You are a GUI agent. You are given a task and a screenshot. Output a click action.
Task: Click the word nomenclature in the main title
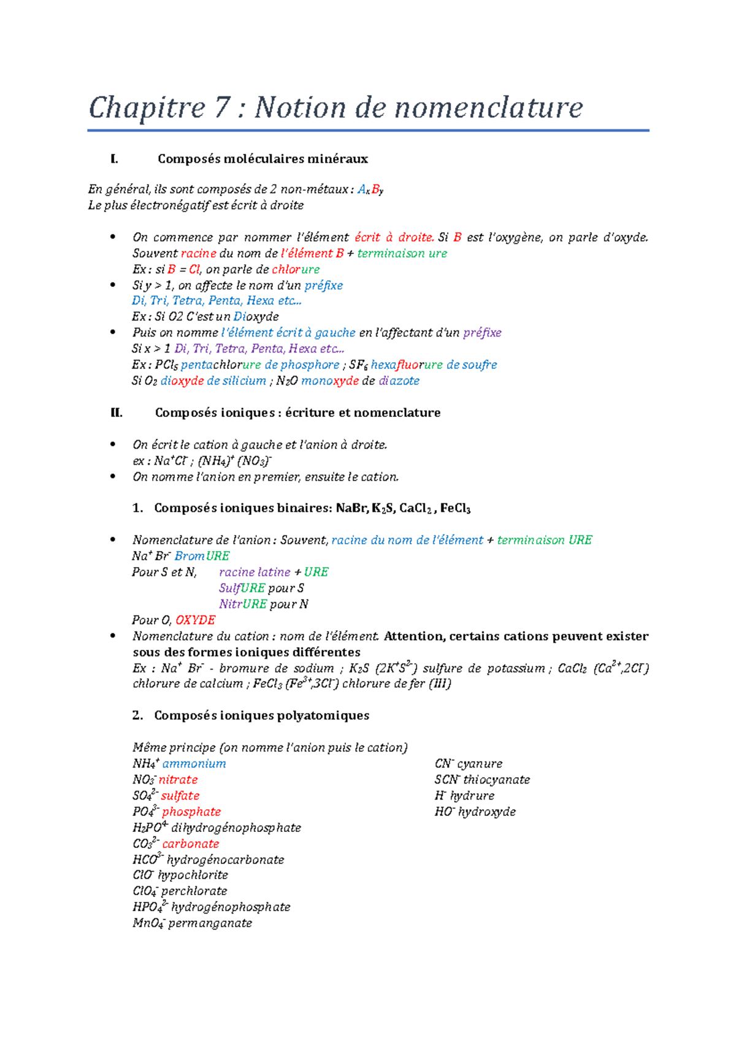(488, 108)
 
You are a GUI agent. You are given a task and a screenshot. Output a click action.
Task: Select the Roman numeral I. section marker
(114, 159)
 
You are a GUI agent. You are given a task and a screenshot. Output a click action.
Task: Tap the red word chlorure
(296, 269)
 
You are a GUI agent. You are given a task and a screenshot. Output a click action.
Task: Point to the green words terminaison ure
(402, 253)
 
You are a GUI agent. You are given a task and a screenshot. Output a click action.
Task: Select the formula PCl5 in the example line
(166, 365)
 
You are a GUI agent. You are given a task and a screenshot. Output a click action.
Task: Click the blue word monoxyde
(329, 381)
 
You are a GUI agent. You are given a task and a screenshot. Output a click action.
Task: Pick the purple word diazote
(399, 381)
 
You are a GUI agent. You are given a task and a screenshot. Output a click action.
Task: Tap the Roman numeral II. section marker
(117, 413)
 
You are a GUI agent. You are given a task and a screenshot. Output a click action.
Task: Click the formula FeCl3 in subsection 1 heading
(455, 508)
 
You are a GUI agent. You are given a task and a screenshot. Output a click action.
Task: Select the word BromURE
(202, 556)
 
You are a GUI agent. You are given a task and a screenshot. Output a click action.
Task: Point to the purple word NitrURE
(243, 604)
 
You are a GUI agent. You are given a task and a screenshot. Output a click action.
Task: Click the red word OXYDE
(195, 620)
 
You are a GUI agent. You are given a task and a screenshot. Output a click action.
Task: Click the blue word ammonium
(194, 764)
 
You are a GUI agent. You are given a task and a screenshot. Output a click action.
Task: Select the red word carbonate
(190, 844)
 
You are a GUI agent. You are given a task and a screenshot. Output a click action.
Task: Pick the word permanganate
(210, 923)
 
